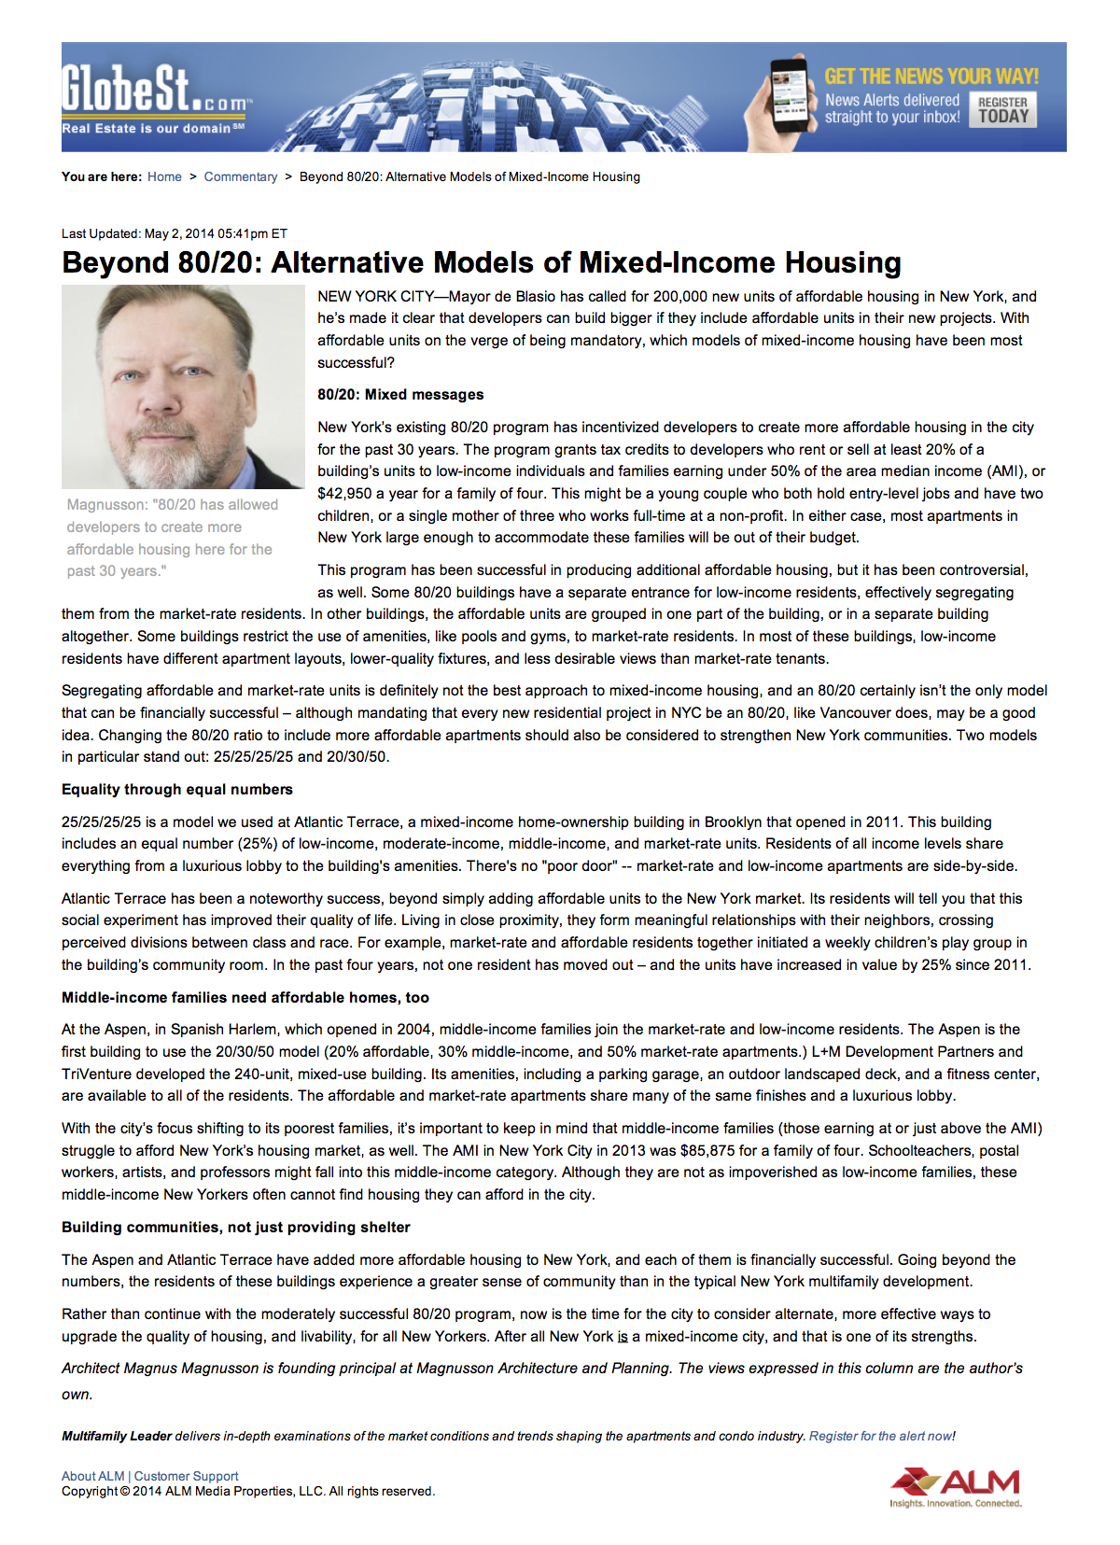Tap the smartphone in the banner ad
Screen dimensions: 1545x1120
pyautogui.click(x=788, y=96)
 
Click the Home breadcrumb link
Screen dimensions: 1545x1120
pyautogui.click(x=164, y=176)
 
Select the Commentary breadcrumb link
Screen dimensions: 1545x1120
pyautogui.click(x=241, y=176)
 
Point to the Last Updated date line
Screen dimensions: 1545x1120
pyautogui.click(x=175, y=233)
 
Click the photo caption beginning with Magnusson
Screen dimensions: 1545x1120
pyautogui.click(x=174, y=538)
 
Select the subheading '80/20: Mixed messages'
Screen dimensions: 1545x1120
pyautogui.click(x=400, y=395)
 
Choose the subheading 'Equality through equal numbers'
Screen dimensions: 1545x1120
pyautogui.click(x=177, y=790)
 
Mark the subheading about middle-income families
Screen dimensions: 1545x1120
pyautogui.click(x=245, y=998)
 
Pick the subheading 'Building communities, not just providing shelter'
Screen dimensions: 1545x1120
pyautogui.click(x=236, y=1228)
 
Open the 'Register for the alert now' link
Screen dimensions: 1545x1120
pyautogui.click(x=880, y=1437)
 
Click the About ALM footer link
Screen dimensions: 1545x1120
pyautogui.click(x=92, y=1476)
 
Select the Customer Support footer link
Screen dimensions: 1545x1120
pyautogui.click(x=187, y=1476)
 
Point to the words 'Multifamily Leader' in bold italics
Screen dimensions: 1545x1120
pyautogui.click(x=117, y=1437)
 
